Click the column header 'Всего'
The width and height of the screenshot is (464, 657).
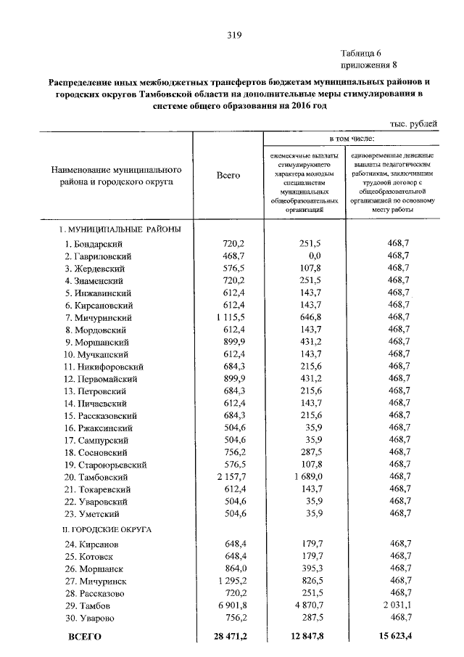click(x=228, y=175)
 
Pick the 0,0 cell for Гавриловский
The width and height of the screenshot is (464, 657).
click(x=314, y=256)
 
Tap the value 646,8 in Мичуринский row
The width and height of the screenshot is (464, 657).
click(x=309, y=318)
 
